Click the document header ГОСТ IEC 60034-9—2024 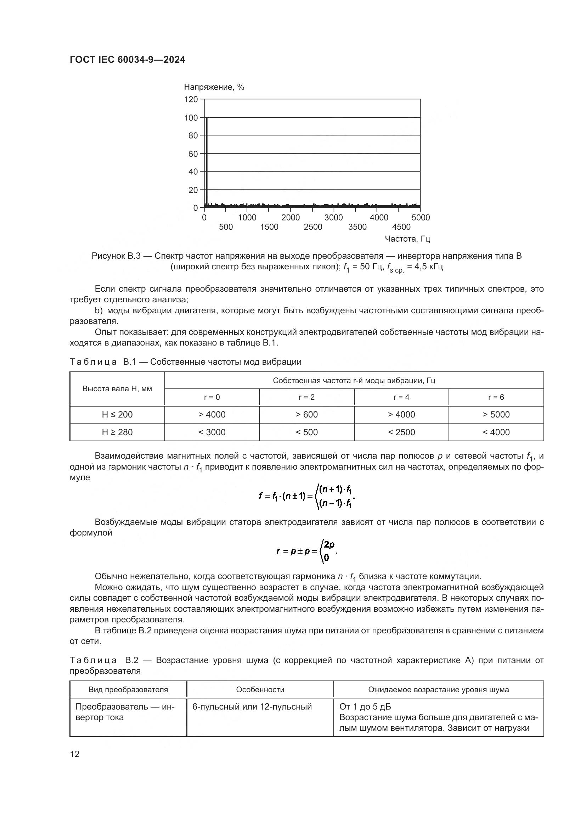click(127, 60)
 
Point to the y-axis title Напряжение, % click(214, 87)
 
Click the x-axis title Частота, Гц click(407, 239)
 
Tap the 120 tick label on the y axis click(191, 99)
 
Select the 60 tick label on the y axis click(193, 154)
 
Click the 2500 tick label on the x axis click(313, 227)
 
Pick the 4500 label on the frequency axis click(401, 227)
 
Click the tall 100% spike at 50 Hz click(207, 159)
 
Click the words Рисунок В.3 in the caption click(116, 256)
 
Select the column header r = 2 click(306, 397)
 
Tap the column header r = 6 click(496, 397)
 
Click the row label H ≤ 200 click(117, 415)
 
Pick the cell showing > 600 click(306, 415)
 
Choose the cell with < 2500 click(401, 432)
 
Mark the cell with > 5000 click(496, 415)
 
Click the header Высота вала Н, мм click(117, 389)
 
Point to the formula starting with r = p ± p click(307, 551)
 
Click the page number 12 click(75, 754)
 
